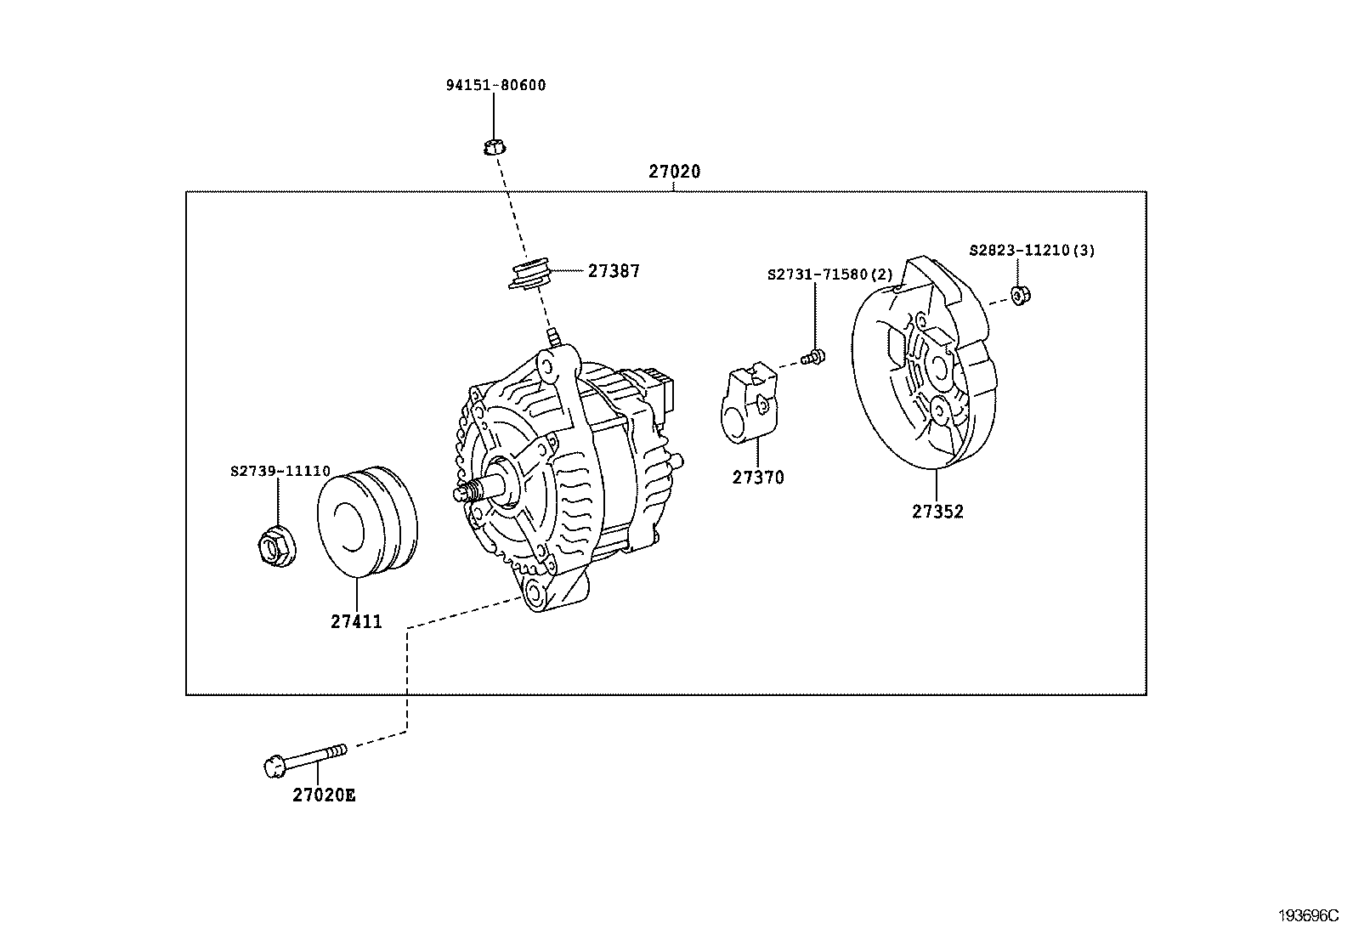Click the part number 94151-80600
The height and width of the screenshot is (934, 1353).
[x=496, y=85]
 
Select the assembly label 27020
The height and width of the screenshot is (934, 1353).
[x=674, y=172]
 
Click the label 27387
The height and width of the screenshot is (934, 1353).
[x=614, y=271]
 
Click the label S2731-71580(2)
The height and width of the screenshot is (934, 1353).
[x=830, y=275]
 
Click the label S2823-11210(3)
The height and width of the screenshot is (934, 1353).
[x=1032, y=251]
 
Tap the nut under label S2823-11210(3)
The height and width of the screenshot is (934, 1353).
[x=1020, y=295]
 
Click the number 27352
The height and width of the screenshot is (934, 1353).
[x=937, y=512]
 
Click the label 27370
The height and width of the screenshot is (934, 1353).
[x=758, y=478]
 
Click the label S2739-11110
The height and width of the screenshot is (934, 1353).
[x=280, y=470]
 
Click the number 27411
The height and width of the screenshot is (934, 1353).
[x=356, y=622]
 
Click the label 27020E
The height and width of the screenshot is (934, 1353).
[x=324, y=795]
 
